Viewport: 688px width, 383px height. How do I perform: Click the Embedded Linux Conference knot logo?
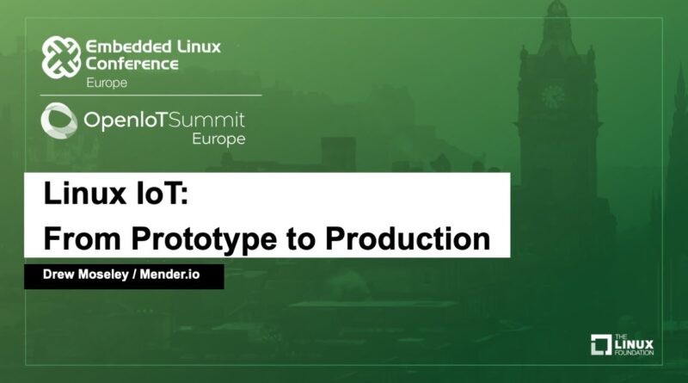pos(61,57)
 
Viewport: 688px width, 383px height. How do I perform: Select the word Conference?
pos(132,65)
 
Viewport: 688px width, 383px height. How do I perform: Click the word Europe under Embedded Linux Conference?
pos(107,83)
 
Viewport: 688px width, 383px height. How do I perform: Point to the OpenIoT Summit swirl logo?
pos(58,120)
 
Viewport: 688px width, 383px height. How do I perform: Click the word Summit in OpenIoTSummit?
pos(207,120)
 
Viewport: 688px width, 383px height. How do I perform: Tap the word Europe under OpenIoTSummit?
pos(218,139)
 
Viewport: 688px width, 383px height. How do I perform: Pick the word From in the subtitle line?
pos(82,239)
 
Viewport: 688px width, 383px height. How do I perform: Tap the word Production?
pos(408,239)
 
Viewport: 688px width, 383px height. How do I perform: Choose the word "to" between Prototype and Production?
pos(302,240)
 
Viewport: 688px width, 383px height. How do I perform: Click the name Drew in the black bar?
pos(58,274)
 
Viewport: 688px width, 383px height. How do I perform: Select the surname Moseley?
pos(104,275)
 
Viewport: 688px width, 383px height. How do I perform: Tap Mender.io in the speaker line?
pos(169,274)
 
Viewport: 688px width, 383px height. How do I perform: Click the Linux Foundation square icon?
pos(601,345)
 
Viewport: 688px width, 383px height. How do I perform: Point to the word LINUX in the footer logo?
pos(634,344)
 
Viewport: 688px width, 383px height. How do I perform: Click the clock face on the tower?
pos(553,96)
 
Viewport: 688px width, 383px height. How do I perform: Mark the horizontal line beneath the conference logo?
pos(151,95)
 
